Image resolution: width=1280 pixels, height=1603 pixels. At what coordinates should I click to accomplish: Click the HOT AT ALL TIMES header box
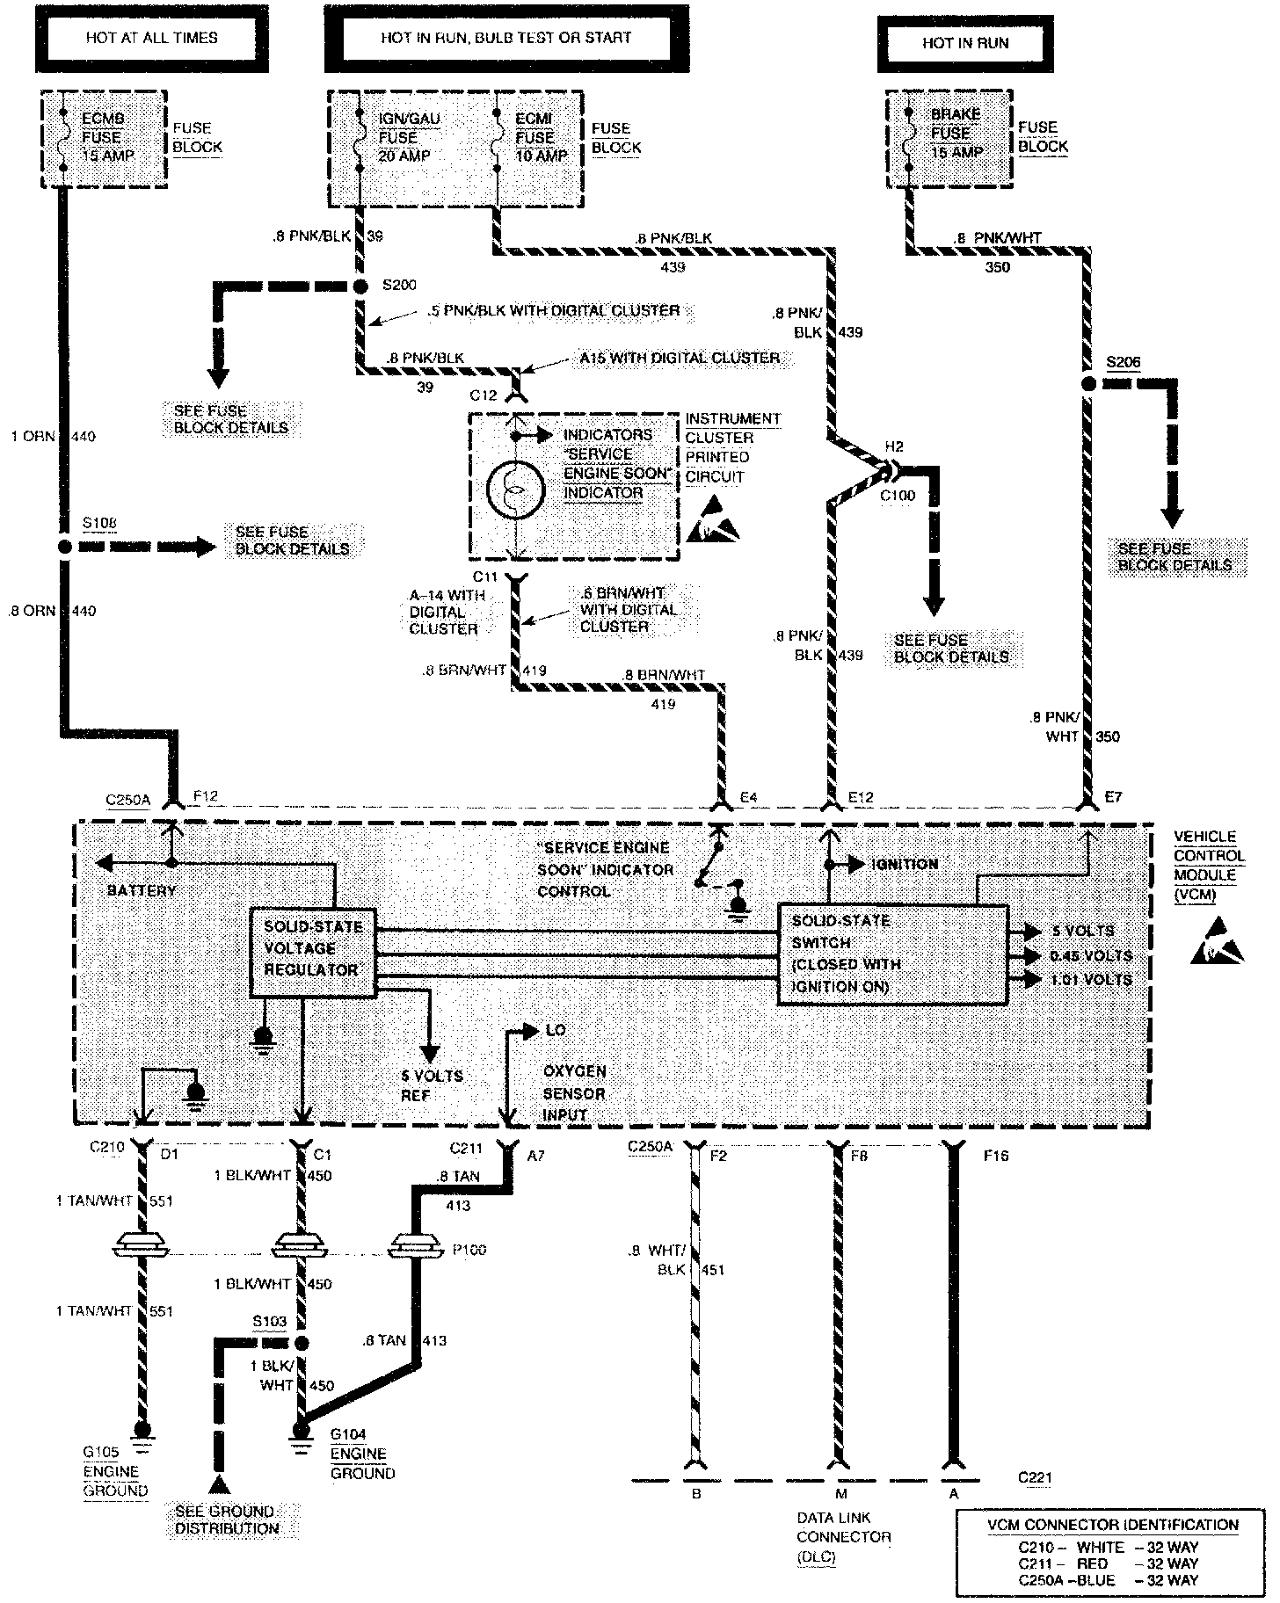pyautogui.click(x=151, y=38)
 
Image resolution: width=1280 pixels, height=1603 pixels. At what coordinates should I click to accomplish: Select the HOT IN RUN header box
pyautogui.click(x=964, y=42)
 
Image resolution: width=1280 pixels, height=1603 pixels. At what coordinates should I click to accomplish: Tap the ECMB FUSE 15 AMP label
pyautogui.click(x=102, y=137)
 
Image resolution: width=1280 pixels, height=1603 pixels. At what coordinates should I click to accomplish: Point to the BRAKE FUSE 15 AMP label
pyautogui.click(x=956, y=133)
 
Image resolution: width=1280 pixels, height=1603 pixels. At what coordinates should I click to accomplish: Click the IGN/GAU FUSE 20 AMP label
pyautogui.click(x=409, y=137)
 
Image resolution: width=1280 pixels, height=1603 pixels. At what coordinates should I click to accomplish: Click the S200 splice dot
pyautogui.click(x=360, y=287)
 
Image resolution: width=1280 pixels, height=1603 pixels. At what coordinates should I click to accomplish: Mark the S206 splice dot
pyautogui.click(x=1088, y=384)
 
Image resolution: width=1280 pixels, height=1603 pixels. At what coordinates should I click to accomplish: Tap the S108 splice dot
pyautogui.click(x=63, y=547)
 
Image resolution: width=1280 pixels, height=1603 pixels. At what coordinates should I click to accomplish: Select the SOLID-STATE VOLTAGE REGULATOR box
pyautogui.click(x=313, y=952)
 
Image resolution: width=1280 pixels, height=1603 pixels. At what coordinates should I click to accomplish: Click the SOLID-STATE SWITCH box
pyautogui.click(x=892, y=954)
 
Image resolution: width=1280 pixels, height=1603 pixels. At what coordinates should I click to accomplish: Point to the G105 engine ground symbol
pyautogui.click(x=140, y=1432)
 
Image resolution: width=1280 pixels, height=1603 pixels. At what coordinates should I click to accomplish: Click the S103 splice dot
pyautogui.click(x=301, y=1343)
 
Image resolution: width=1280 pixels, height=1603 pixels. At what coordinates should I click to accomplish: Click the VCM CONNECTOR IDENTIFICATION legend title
pyautogui.click(x=1112, y=1525)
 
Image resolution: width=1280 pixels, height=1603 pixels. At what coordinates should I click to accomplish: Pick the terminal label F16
pyautogui.click(x=996, y=1156)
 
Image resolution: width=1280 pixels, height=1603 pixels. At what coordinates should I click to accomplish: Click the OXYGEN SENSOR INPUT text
pyautogui.click(x=574, y=1093)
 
